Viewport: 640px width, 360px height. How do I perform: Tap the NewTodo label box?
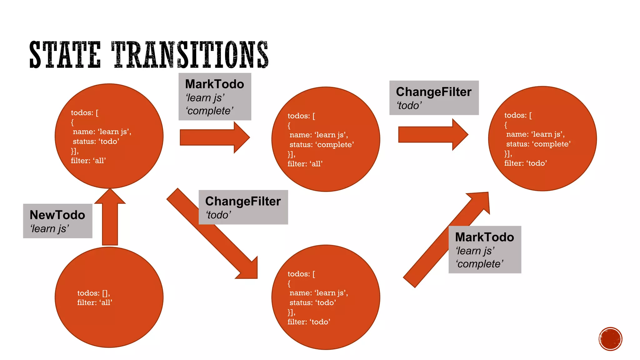57,221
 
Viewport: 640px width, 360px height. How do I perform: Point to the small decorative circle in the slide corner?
610,339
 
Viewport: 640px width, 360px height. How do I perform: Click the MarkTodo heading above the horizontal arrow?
214,84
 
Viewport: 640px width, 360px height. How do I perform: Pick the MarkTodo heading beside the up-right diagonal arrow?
484,237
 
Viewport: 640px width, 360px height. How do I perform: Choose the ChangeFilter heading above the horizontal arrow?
433,92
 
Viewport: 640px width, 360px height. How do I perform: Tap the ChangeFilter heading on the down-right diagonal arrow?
243,202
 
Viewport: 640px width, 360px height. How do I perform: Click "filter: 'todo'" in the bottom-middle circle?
309,322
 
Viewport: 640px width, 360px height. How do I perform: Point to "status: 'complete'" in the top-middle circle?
322,145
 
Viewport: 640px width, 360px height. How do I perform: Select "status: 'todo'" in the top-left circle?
96,142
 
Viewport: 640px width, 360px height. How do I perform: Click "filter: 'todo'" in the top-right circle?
525,163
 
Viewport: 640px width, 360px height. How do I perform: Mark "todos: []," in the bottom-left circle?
93,293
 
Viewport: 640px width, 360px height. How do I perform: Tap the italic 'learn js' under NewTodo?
49,229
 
